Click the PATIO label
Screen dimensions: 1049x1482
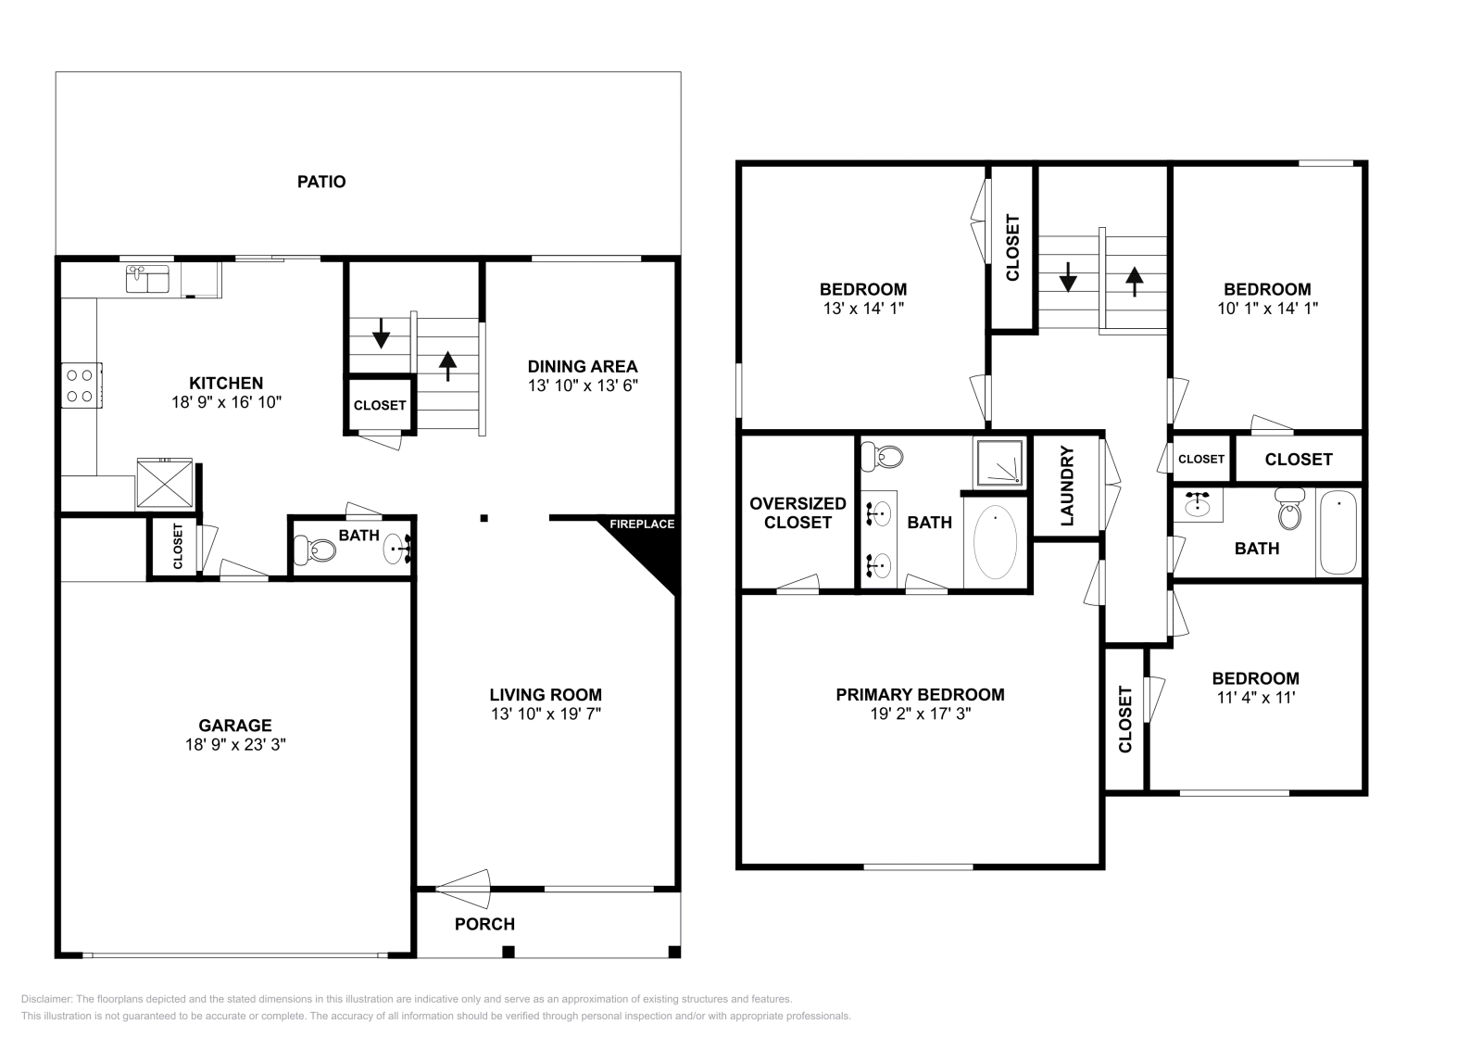(321, 182)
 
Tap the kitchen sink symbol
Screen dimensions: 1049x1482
(147, 277)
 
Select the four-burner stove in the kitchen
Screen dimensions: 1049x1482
(81, 385)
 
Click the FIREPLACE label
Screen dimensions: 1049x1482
(642, 524)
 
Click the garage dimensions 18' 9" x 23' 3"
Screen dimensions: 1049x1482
(234, 744)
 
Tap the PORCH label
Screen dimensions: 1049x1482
(484, 924)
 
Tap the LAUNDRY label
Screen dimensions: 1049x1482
(1066, 487)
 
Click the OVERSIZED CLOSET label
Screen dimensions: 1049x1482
(798, 512)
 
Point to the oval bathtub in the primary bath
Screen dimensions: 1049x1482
(995, 542)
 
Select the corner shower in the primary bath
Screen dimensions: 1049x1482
(999, 462)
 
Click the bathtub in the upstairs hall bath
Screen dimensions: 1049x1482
(1338, 533)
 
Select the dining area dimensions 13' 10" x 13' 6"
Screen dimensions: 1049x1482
(583, 385)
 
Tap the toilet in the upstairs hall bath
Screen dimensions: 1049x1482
(1289, 509)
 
